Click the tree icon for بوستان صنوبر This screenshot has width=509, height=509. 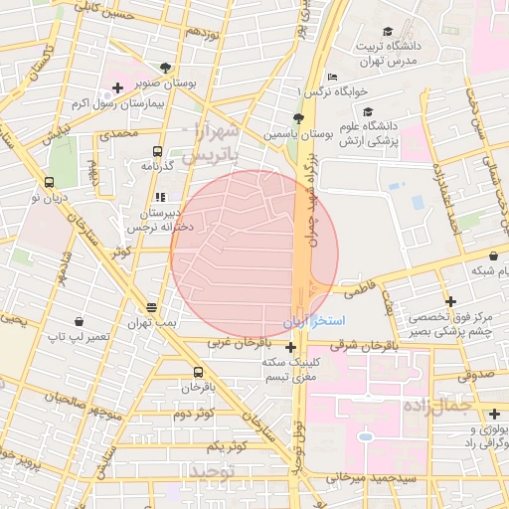tap(178, 69)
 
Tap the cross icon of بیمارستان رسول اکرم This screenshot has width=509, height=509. tap(117, 88)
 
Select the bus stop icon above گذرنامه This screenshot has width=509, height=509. tap(157, 151)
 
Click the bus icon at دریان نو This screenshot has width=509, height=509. tap(49, 183)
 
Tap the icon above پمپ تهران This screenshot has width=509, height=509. tap(151, 307)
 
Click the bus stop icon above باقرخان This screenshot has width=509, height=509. tap(197, 372)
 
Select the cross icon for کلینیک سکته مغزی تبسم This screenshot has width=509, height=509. tap(290, 347)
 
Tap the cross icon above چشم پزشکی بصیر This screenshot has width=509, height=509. tap(450, 301)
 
